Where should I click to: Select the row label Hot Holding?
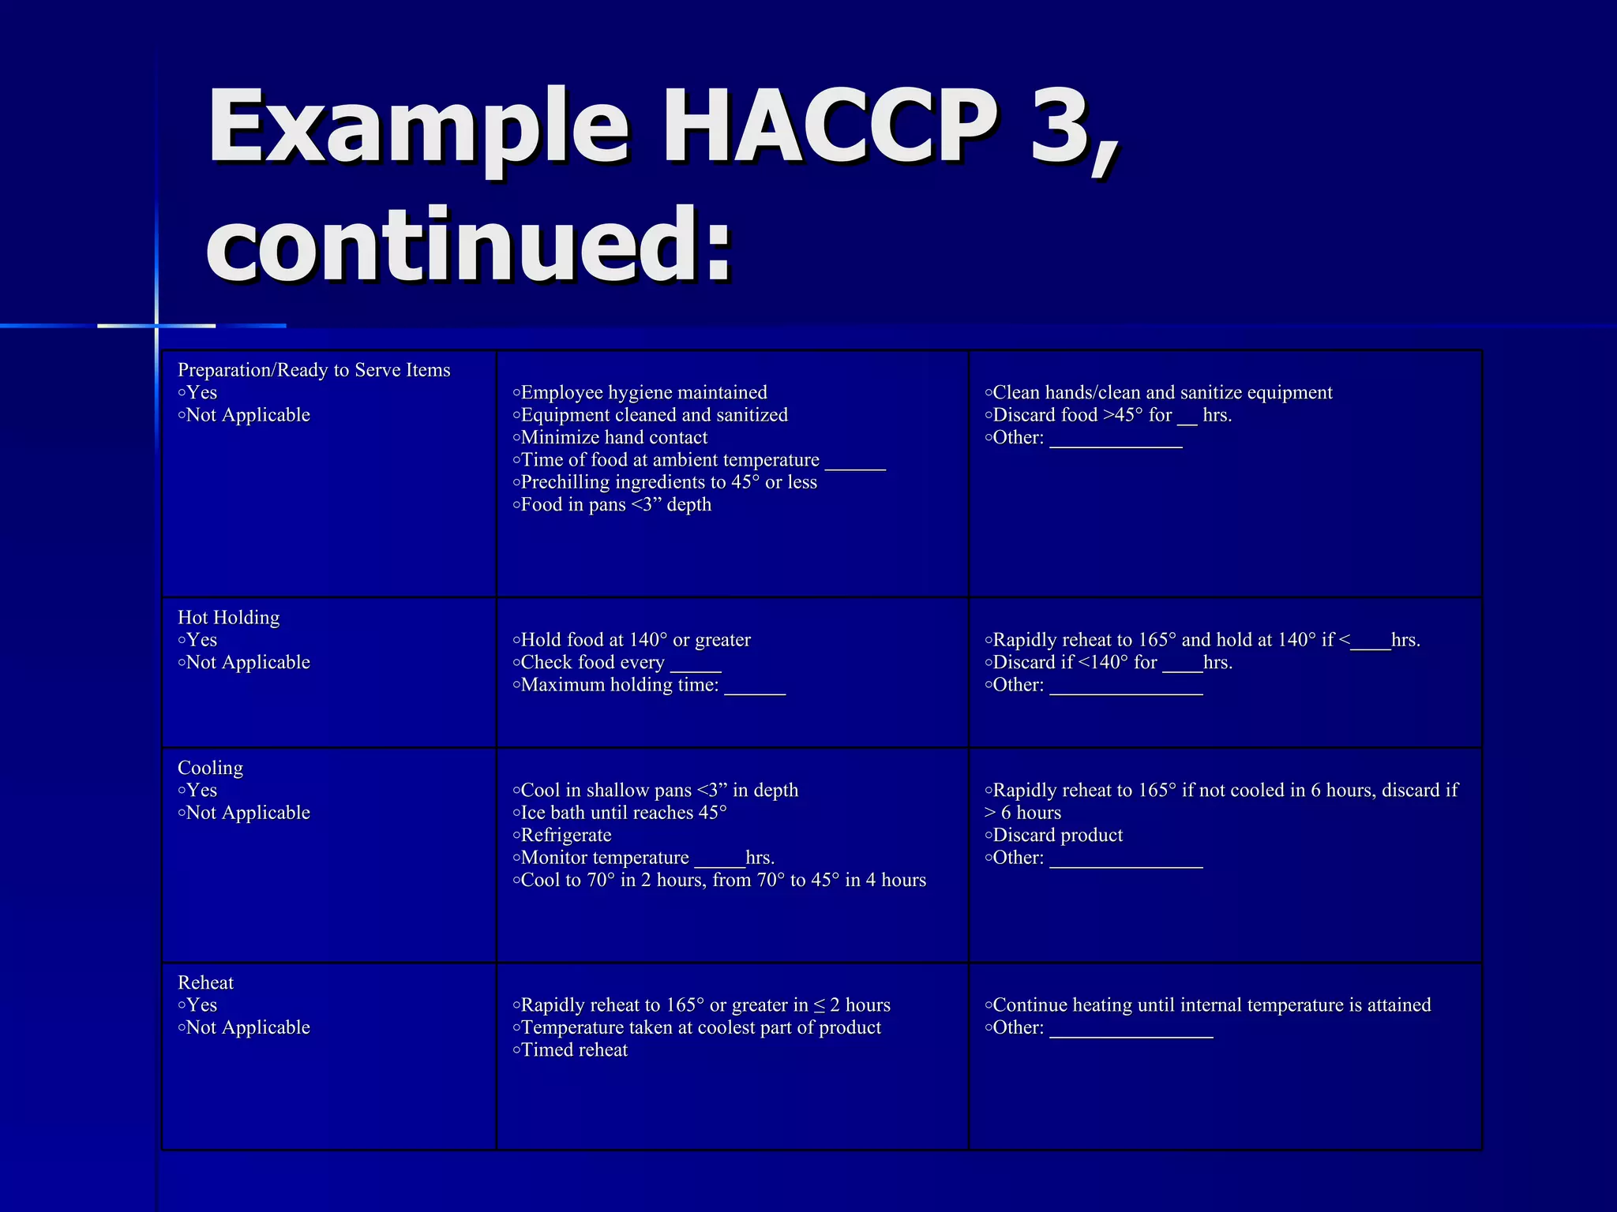click(229, 617)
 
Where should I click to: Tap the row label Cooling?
click(210, 768)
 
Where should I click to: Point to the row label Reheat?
click(205, 982)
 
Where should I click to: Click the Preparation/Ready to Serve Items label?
click(313, 370)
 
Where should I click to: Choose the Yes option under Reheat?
click(197, 1005)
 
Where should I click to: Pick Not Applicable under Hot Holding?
click(245, 662)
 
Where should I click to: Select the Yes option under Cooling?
click(197, 791)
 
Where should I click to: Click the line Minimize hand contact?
click(610, 437)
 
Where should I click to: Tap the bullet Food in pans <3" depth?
click(612, 505)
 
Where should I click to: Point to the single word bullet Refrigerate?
click(562, 835)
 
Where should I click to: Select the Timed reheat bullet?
click(570, 1050)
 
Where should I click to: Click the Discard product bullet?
click(1054, 835)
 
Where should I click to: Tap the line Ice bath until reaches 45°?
click(620, 813)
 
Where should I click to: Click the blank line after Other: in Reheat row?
click(1131, 1030)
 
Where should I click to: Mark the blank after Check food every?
click(696, 665)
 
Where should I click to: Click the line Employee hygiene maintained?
click(640, 393)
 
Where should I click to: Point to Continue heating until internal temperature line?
click(1208, 1005)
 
